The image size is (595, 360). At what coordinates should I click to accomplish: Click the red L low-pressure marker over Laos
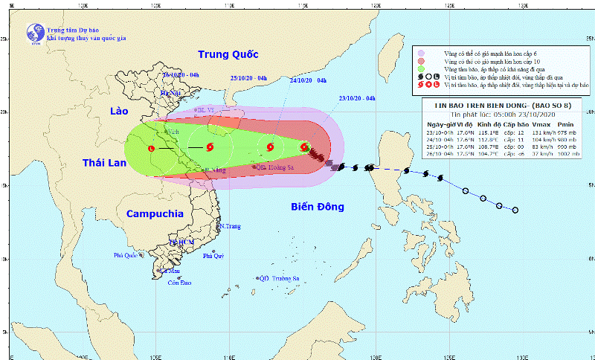tap(152, 148)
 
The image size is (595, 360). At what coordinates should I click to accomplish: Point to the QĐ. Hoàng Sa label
tap(272, 168)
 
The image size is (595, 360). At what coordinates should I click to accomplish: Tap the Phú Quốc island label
tap(126, 255)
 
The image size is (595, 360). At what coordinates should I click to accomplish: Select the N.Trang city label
tap(230, 225)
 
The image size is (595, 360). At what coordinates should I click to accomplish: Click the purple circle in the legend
tap(421, 54)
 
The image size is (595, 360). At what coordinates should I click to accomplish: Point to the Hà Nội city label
tap(171, 92)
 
